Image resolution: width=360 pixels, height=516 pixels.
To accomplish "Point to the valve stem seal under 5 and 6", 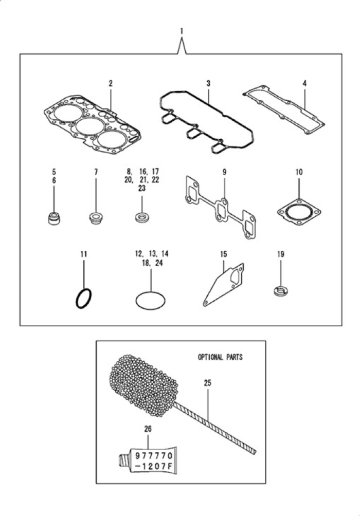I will pos(54,218).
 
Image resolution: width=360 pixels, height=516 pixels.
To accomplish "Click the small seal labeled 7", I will pos(96,218).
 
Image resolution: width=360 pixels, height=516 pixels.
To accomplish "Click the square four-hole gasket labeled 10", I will pos(299,212).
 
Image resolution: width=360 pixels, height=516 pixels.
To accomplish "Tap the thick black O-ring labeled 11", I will pos(84,299).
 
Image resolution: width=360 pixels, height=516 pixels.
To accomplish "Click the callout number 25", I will pos(207,383).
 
